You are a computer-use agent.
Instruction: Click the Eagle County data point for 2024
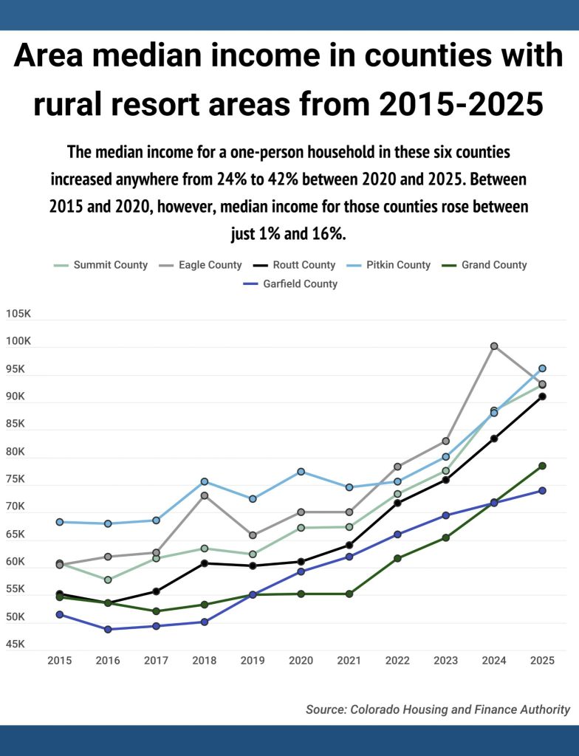tap(494, 346)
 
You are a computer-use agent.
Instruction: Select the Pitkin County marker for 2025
tap(542, 368)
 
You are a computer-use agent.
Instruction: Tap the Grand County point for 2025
tap(542, 466)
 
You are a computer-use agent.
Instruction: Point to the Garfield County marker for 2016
tap(108, 629)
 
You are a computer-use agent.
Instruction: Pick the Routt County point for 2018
tap(205, 563)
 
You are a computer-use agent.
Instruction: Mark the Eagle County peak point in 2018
tap(205, 495)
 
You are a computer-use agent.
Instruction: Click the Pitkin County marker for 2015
tap(60, 522)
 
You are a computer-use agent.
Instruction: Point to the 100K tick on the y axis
tap(18, 341)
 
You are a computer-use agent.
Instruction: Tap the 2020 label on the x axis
tap(301, 660)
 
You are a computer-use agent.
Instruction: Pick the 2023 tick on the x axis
tap(445, 660)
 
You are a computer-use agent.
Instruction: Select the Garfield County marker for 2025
tap(542, 490)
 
